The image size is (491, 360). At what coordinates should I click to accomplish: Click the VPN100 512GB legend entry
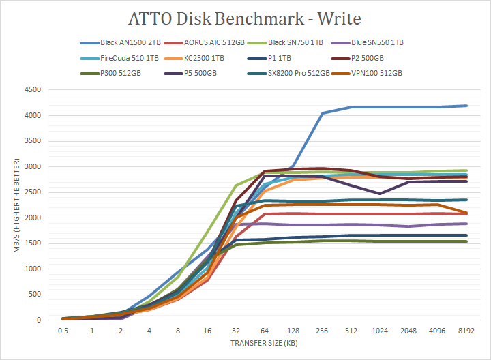pyautogui.click(x=374, y=73)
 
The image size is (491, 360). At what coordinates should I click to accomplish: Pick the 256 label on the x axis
pyautogui.click(x=321, y=331)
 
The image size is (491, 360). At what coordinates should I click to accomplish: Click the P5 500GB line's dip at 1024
pyautogui.click(x=379, y=194)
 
